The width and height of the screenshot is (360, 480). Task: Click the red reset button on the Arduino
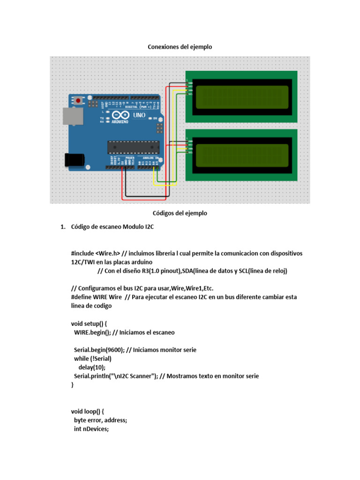click(x=77, y=100)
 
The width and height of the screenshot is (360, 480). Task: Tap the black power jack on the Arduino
click(x=74, y=160)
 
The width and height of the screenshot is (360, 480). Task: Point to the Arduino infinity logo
click(x=119, y=115)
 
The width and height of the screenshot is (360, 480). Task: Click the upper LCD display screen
click(x=241, y=96)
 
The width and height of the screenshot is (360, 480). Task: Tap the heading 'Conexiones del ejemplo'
click(x=180, y=47)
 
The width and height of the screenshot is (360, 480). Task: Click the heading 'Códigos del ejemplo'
click(x=180, y=213)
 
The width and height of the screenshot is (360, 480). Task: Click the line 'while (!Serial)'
click(x=93, y=359)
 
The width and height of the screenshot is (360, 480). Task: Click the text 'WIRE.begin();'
click(x=92, y=332)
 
